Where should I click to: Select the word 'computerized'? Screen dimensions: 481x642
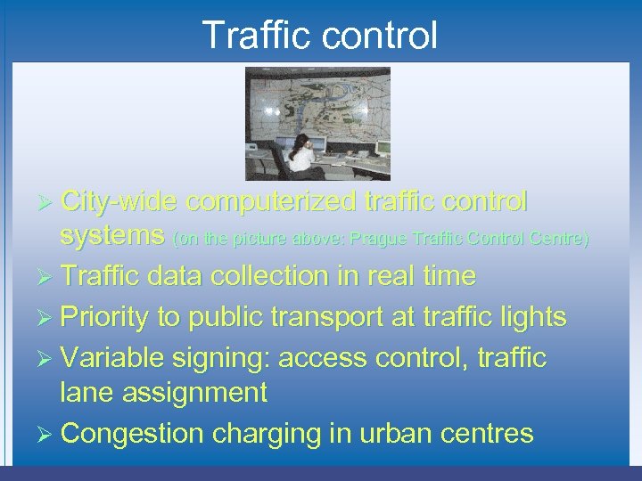[270, 203]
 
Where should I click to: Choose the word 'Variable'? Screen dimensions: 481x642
[119, 359]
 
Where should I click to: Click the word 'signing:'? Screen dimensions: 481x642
[226, 359]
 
